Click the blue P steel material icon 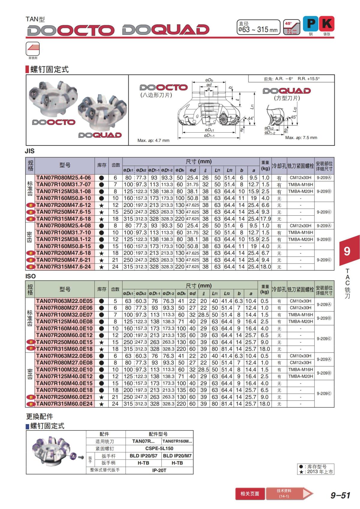click(x=311, y=24)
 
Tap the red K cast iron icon click(x=327, y=24)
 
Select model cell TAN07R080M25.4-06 click(x=64, y=178)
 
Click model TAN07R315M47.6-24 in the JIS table click(x=64, y=267)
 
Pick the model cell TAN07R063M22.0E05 click(x=64, y=301)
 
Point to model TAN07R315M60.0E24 click(x=64, y=404)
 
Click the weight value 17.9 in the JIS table click(x=265, y=219)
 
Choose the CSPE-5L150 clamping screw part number click(x=159, y=448)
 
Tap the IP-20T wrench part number click(x=159, y=470)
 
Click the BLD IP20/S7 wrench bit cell click(x=143, y=456)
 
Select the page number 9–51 click(x=340, y=495)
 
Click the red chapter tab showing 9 click(x=347, y=251)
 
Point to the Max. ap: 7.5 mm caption click(x=301, y=138)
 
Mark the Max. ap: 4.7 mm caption click(x=153, y=140)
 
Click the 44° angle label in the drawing click(x=250, y=118)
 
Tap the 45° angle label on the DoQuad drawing click(x=293, y=117)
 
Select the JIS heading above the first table click(x=30, y=151)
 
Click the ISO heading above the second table click(x=30, y=276)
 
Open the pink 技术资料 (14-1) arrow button click(x=288, y=493)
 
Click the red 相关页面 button click(x=250, y=493)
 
